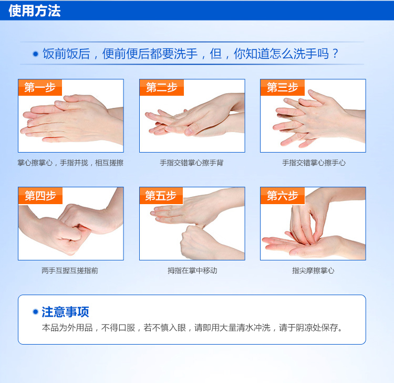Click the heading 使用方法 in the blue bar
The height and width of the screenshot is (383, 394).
[35, 11]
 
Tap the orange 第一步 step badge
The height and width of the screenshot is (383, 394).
[40, 87]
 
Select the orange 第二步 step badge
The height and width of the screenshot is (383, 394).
[162, 87]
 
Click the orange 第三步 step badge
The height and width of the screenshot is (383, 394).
[283, 87]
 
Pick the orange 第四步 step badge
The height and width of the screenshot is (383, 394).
[40, 196]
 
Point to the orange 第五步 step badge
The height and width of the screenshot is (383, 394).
[161, 196]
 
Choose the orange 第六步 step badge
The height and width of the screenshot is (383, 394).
[283, 196]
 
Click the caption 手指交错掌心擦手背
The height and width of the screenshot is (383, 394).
[192, 163]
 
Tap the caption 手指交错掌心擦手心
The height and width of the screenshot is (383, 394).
[314, 163]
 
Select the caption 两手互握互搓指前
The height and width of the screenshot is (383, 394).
[70, 270]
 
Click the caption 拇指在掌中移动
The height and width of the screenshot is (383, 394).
[192, 270]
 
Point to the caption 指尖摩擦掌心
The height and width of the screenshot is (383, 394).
[313, 270]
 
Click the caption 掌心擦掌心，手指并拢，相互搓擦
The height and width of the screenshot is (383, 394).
[70, 163]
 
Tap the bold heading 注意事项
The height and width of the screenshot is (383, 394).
[65, 312]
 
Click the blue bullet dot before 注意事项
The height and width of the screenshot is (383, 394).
[35, 312]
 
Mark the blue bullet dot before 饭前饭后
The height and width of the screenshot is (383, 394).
[36, 54]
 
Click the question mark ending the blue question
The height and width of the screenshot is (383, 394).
[335, 53]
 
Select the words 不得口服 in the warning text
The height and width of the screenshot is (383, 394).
[118, 328]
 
